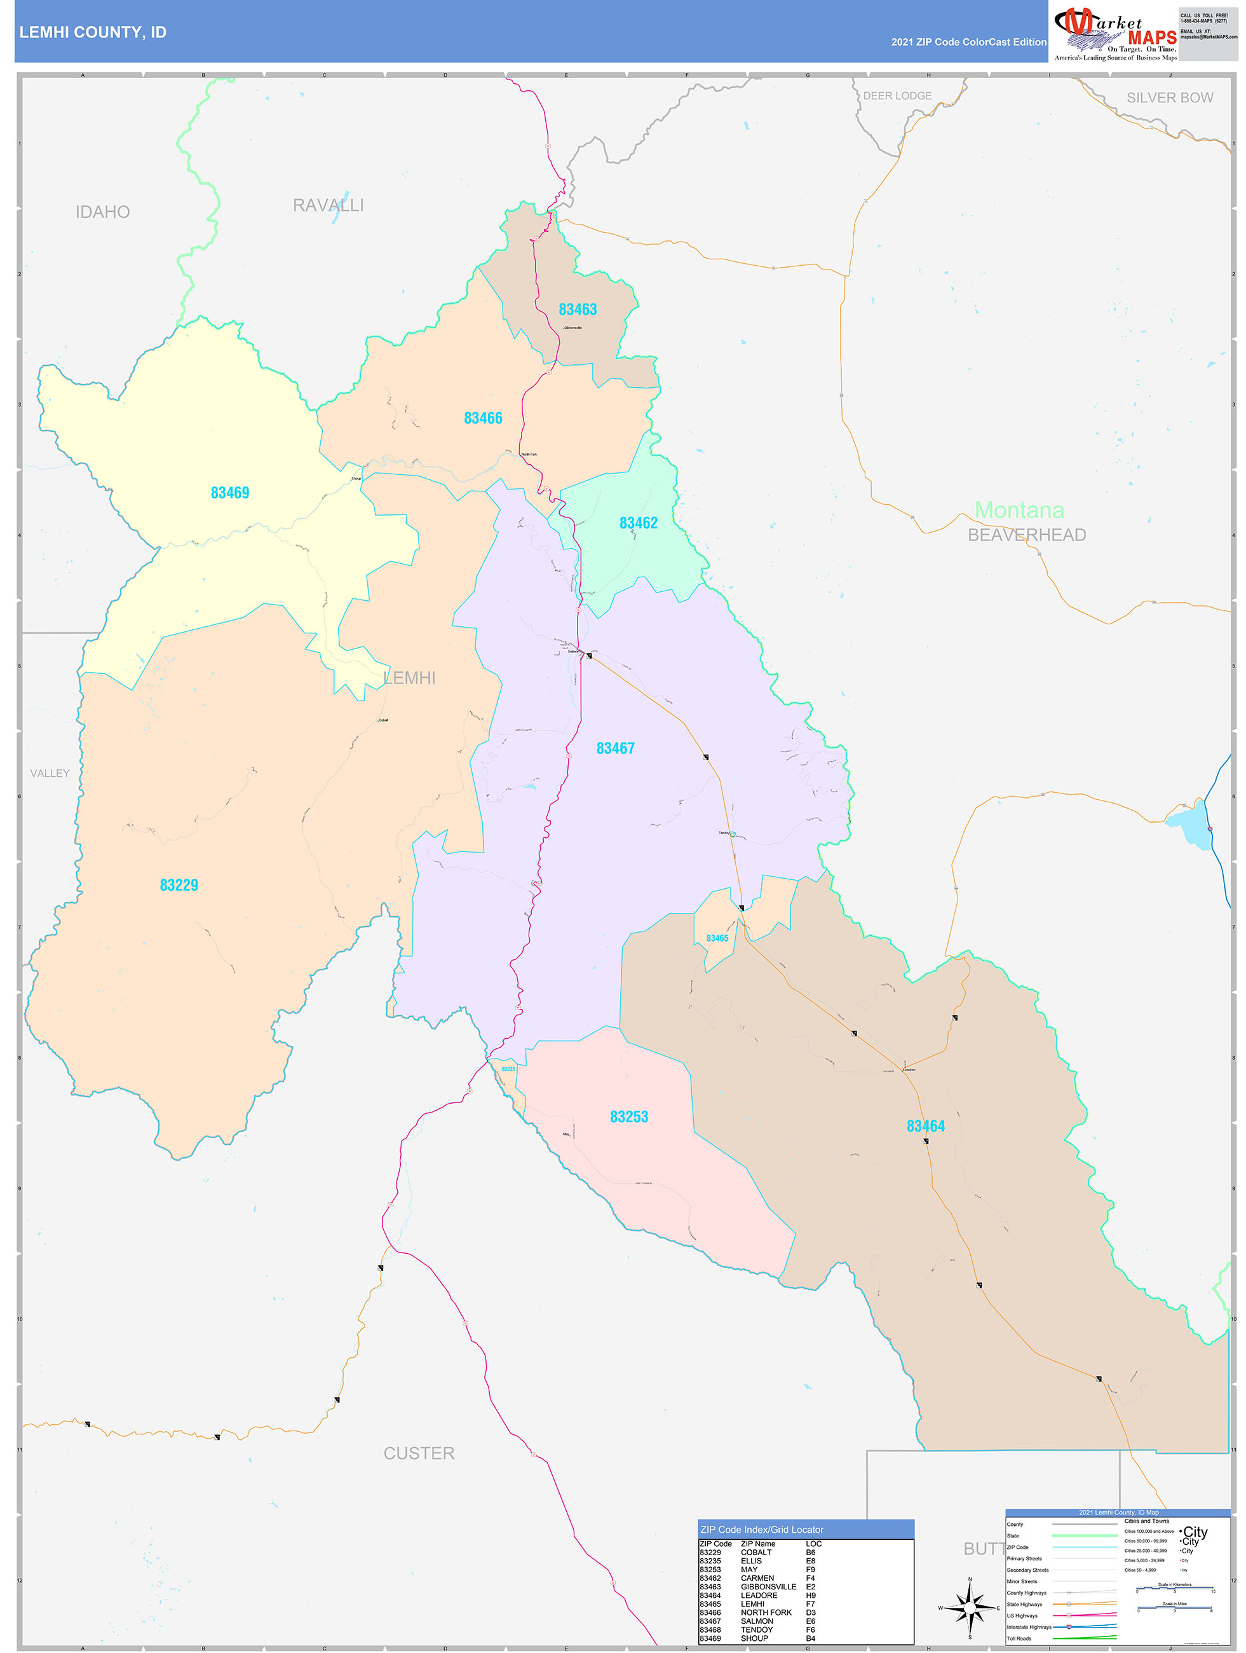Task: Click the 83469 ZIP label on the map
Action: click(229, 493)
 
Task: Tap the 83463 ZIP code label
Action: click(578, 310)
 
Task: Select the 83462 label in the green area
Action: click(638, 523)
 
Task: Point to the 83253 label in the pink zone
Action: click(628, 1116)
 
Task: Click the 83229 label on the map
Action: click(179, 885)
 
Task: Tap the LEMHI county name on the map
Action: click(409, 678)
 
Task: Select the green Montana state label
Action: click(1019, 510)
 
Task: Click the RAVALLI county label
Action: click(328, 205)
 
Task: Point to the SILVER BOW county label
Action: click(1169, 98)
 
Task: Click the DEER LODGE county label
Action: click(897, 95)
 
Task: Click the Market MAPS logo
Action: click(1114, 33)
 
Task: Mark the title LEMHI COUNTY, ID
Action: click(93, 32)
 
